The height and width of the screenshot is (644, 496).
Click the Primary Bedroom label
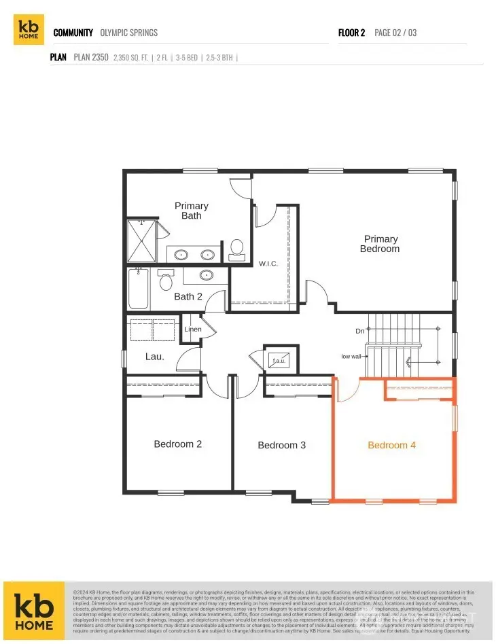pos(380,244)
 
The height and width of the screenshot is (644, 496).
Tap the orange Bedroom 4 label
pos(391,446)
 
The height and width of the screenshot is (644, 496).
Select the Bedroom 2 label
pos(177,444)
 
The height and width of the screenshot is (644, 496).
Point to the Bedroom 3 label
pos(281,446)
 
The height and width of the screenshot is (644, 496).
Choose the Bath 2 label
pos(188,296)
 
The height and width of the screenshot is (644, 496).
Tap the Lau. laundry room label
pos(155,355)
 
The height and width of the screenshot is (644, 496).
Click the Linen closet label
pos(192,329)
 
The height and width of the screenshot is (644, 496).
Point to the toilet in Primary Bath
pos(237,249)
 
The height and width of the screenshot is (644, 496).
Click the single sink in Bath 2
pos(206,275)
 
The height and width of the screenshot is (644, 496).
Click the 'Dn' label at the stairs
pos(360,331)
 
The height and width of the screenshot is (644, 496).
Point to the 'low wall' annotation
pos(351,357)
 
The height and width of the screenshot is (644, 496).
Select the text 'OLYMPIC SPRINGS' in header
pos(128,33)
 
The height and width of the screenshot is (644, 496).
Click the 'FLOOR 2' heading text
pos(352,33)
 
